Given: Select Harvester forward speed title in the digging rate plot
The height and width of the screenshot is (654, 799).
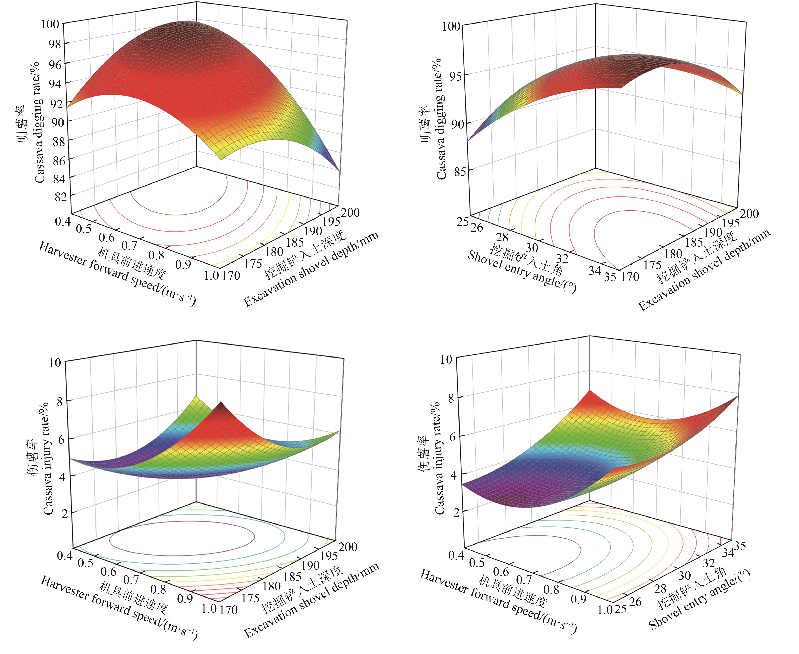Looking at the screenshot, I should click(x=117, y=274).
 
